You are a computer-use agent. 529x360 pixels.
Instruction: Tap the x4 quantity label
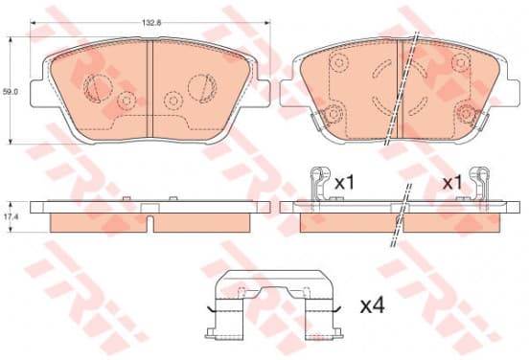click(373, 306)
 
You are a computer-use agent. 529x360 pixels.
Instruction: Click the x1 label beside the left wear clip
click(344, 184)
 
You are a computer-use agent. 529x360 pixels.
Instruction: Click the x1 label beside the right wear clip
click(452, 184)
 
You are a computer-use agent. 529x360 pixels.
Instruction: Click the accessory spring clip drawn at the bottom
click(274, 304)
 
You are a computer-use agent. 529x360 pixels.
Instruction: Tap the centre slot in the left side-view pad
click(150, 224)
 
